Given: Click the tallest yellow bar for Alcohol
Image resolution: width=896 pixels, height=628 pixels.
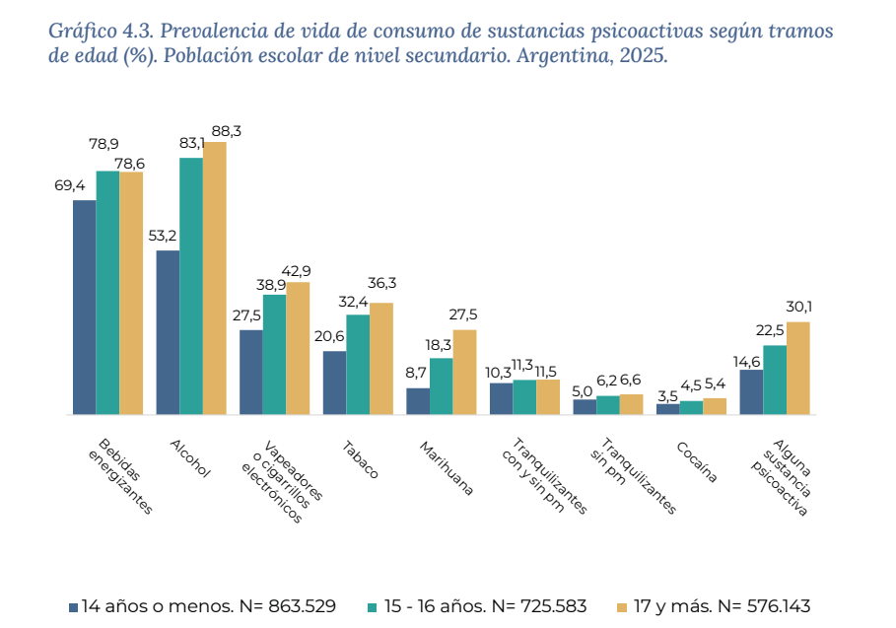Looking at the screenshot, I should (x=214, y=278).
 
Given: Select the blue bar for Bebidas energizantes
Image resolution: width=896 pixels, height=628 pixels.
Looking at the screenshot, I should (x=85, y=307).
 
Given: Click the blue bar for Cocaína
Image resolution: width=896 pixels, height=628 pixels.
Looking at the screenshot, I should (x=667, y=408).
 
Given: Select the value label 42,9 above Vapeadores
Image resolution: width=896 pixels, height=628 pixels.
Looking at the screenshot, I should (x=296, y=271).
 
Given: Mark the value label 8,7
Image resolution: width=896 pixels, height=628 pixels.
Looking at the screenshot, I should (x=416, y=374).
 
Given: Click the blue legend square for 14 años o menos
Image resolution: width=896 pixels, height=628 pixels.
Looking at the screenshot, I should (x=73, y=607).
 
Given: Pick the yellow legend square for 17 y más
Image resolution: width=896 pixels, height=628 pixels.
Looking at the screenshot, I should (x=621, y=607).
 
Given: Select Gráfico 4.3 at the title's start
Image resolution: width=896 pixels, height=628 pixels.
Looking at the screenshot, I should (x=95, y=30).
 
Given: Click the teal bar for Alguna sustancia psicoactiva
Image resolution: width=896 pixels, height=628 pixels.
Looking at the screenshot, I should (x=775, y=380).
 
